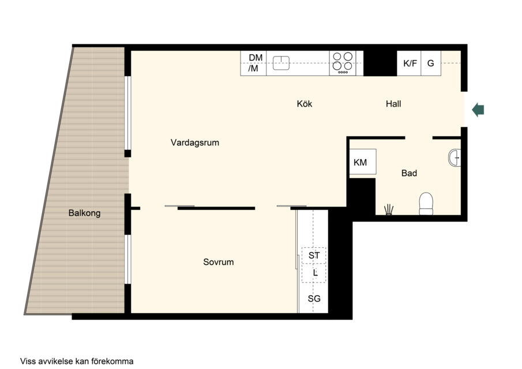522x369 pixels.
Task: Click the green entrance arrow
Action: click(x=478, y=110)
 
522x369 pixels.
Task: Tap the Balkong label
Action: click(x=85, y=213)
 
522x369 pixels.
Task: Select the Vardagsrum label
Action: click(x=195, y=142)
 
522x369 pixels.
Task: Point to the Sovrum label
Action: click(x=219, y=262)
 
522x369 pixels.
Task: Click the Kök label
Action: click(x=305, y=104)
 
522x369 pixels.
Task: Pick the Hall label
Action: click(x=393, y=104)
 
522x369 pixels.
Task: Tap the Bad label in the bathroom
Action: click(x=409, y=173)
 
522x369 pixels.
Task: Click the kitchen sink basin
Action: click(x=281, y=63)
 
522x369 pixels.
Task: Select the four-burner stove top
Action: click(x=343, y=63)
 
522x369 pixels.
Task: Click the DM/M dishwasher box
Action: click(x=253, y=63)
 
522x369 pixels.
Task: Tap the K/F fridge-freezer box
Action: click(x=409, y=63)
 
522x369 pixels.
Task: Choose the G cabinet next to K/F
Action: click(x=431, y=63)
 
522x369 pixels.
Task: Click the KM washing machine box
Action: click(x=363, y=161)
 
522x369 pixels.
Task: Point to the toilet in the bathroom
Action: click(x=426, y=204)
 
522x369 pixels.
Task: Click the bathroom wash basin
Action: click(x=455, y=158)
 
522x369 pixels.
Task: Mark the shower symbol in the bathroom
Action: click(x=389, y=210)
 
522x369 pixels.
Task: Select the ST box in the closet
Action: click(x=314, y=255)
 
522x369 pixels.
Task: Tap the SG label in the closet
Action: click(x=314, y=299)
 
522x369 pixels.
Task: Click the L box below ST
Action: click(x=314, y=273)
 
